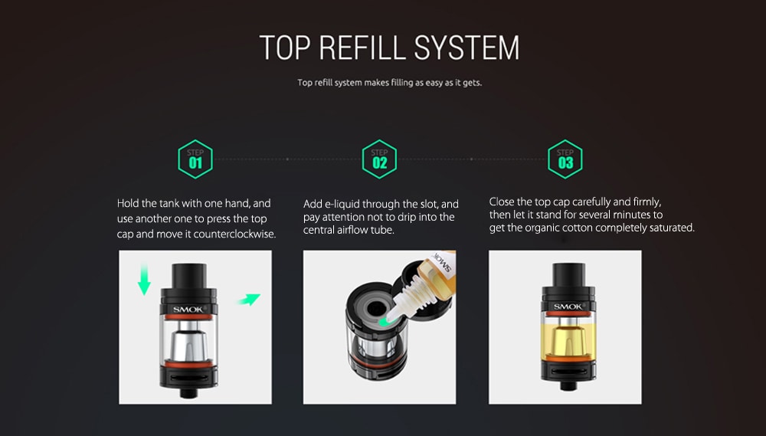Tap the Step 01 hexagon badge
(195, 159)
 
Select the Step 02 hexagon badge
(380, 159)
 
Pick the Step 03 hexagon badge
(565, 159)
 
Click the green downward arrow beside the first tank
(144, 280)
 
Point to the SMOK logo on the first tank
(188, 310)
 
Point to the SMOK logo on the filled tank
(568, 307)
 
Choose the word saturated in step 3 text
(670, 228)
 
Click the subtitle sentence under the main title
(390, 83)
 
